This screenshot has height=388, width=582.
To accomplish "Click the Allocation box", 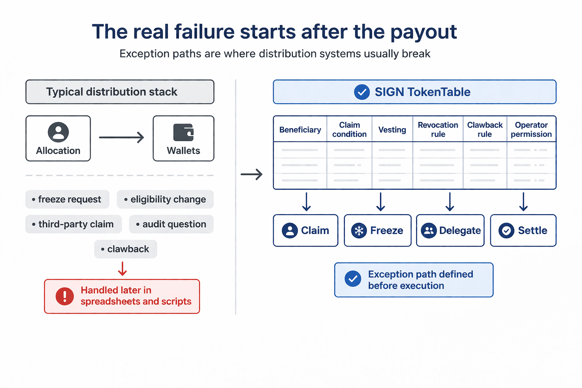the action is tap(58, 138).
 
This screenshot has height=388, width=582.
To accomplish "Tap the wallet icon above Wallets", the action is tap(183, 133).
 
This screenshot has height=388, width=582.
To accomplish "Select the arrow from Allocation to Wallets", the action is tap(122, 137).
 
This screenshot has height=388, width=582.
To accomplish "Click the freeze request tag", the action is tap(67, 199).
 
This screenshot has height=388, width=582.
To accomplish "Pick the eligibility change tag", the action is tap(165, 199).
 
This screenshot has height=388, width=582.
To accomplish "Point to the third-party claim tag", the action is tap(74, 224).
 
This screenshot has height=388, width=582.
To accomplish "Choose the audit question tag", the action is tap(171, 224).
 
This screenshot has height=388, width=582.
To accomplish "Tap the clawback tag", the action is tap(125, 249).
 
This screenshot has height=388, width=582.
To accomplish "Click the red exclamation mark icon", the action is tap(65, 296).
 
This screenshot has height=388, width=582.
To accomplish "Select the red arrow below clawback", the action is tap(122, 269).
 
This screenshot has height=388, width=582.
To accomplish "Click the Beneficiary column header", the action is tap(300, 130).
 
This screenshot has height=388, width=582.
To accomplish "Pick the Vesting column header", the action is tap(392, 130).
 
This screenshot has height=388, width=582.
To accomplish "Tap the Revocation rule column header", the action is tap(438, 130).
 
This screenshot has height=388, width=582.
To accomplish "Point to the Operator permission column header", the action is tap(531, 130).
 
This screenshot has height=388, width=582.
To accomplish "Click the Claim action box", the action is tap(305, 230).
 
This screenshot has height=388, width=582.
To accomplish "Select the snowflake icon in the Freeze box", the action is tap(359, 230).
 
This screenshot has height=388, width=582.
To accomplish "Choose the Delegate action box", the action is tap(450, 230).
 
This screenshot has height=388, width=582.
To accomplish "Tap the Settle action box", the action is tap(523, 230).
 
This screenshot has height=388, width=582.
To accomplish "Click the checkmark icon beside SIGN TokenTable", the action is tap(362, 92).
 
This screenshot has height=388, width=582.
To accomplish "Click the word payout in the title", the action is tap(424, 32).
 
